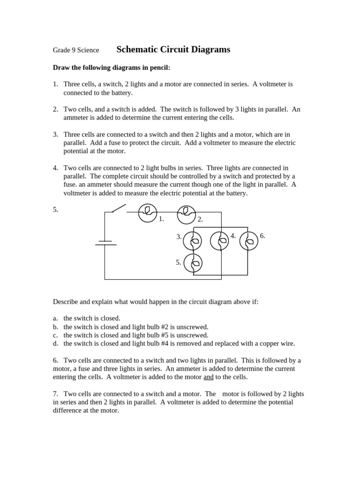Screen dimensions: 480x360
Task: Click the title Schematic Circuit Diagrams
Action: pos(173,50)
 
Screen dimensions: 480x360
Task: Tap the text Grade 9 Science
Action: pos(76,50)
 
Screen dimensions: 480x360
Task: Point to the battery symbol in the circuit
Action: pos(105,243)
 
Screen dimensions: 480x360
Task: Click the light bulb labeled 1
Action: pos(148,212)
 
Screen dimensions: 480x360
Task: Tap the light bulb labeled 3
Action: pos(192,241)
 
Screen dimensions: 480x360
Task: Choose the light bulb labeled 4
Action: pos(219,240)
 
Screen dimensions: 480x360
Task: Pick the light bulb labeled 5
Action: pos(193,263)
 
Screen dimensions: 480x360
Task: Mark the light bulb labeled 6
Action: pos(248,241)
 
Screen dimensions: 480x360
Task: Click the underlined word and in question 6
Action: pos(209,377)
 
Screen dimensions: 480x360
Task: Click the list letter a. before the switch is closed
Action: pos(55,318)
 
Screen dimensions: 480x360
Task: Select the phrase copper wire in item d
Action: pos(277,344)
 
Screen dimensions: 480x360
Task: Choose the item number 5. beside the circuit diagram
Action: pos(55,210)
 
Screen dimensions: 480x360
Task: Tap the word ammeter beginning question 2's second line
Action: pos(76,118)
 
